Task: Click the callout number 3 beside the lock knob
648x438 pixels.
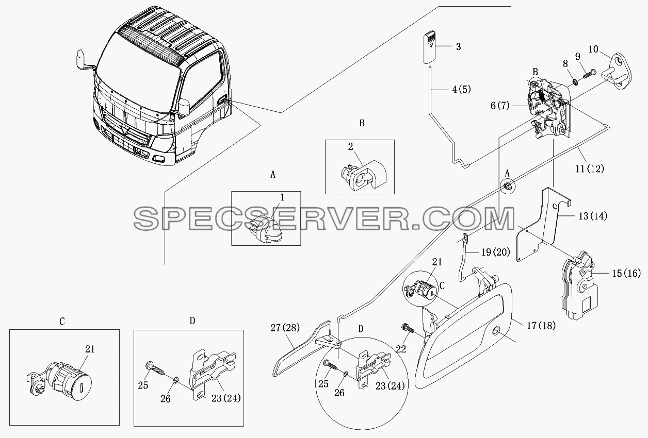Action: point(458,46)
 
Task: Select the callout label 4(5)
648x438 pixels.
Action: point(461,90)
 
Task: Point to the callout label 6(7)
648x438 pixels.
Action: point(500,106)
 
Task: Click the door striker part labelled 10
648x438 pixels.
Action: point(617,72)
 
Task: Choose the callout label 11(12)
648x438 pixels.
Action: point(590,169)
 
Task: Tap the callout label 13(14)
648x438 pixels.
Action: point(593,216)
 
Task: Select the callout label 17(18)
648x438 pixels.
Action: point(541,326)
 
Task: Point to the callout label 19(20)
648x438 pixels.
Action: point(496,252)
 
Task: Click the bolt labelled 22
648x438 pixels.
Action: point(407,330)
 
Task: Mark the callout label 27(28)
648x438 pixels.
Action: point(285,328)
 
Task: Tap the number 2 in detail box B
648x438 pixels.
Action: point(350,147)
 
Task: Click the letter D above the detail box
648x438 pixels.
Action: point(192,321)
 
